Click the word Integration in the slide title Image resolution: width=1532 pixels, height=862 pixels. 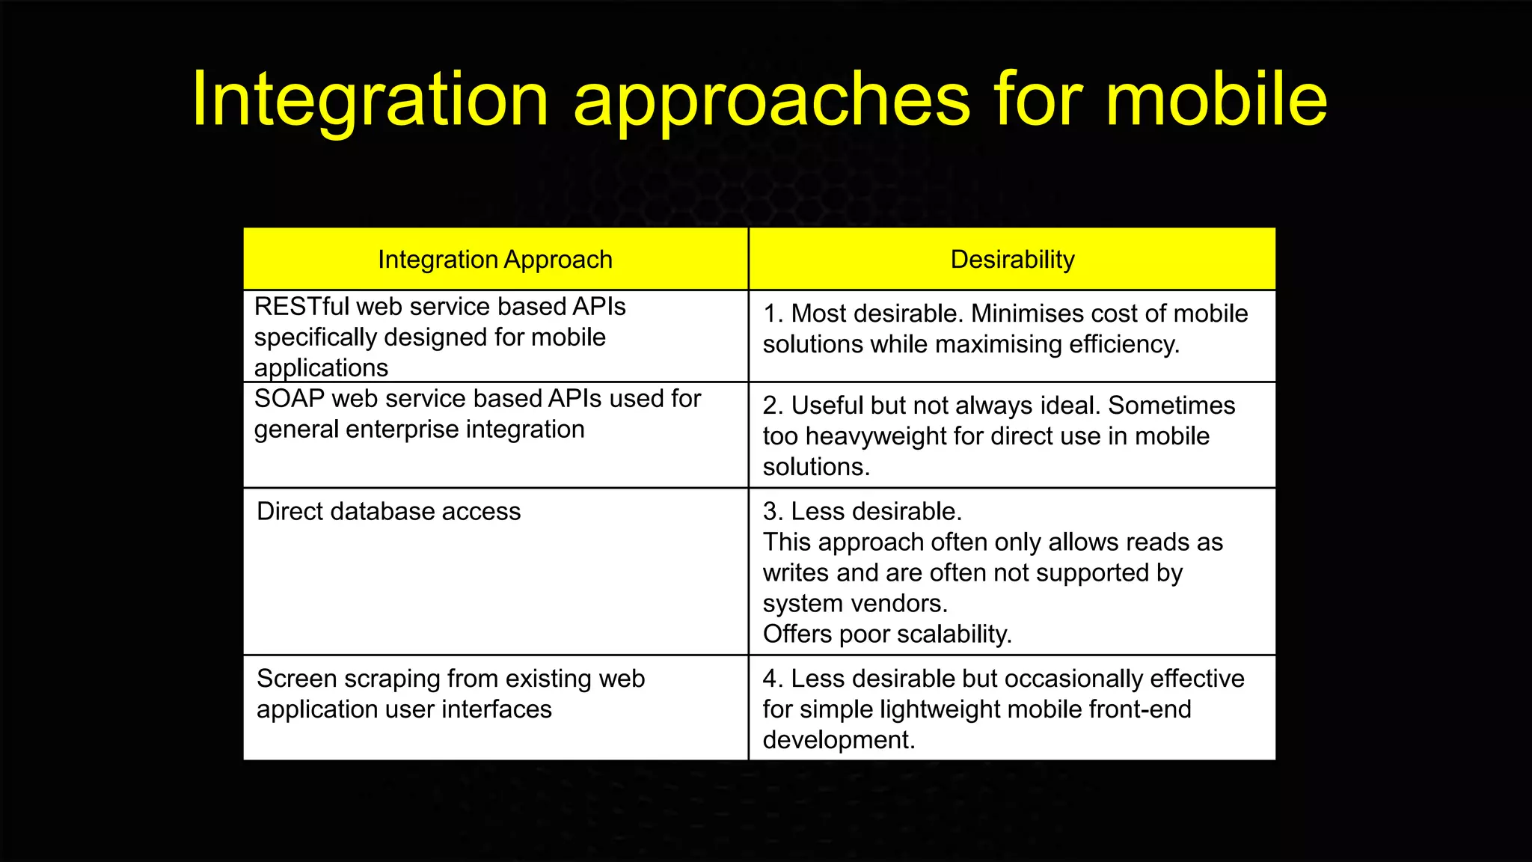point(370,100)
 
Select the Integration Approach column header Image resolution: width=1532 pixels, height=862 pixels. point(494,260)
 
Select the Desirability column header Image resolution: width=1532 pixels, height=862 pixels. point(1012,260)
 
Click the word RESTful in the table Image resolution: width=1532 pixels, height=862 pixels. point(301,307)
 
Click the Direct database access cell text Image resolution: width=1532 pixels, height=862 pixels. point(388,512)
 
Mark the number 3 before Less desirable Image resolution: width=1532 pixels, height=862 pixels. point(770,512)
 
